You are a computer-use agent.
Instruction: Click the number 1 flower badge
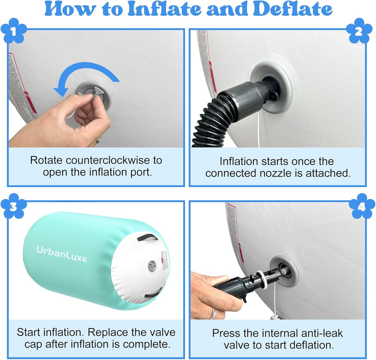pos(14,31)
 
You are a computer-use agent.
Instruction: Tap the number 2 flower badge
pos(359,31)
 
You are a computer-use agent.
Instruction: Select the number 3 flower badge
pos(14,206)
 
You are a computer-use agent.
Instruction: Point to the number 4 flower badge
pos(362,206)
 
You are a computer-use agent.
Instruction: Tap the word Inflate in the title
pos(164,9)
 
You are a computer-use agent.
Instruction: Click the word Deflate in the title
pos(292,9)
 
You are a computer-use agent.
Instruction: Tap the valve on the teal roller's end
pos(152,266)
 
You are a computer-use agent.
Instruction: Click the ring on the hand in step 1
pos(98,140)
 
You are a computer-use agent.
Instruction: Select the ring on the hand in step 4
pos(214,313)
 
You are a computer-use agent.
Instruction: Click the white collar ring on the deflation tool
pos(262,279)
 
